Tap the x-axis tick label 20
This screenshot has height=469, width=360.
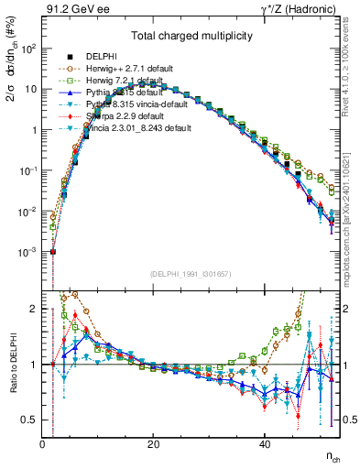click(x=154, y=444)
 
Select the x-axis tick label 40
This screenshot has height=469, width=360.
click(x=265, y=444)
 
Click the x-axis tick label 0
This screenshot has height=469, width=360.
click(x=43, y=444)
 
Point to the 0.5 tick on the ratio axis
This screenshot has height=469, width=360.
click(x=30, y=420)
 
